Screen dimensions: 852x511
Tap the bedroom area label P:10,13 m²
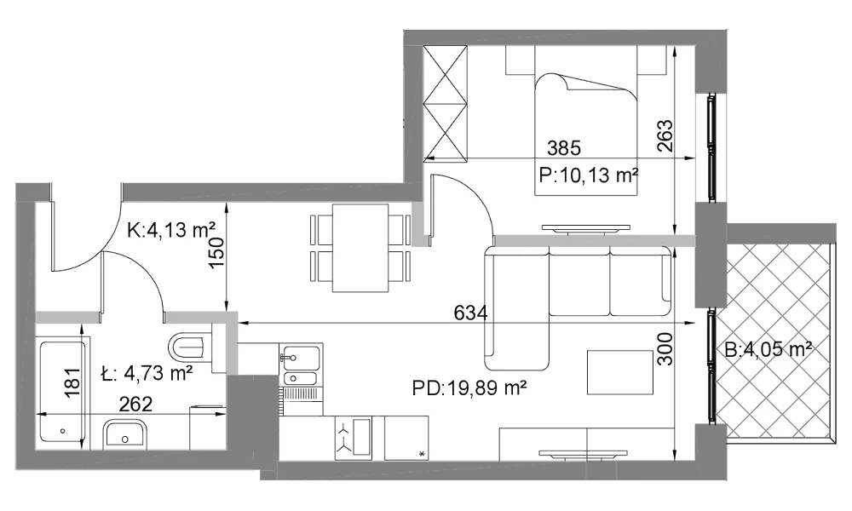588,175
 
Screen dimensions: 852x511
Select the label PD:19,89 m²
469,388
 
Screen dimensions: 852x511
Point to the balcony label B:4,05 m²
769,349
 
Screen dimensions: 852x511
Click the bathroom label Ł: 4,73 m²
147,373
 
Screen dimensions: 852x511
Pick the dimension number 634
470,313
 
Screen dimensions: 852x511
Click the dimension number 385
563,147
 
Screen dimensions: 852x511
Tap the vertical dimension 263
665,135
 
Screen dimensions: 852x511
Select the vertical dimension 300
665,349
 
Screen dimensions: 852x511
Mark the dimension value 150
216,253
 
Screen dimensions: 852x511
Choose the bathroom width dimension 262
135,404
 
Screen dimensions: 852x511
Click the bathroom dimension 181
72,382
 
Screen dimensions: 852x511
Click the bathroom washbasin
125,433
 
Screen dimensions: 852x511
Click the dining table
360,248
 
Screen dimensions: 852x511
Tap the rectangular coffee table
620,372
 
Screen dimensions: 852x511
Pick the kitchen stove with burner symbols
354,439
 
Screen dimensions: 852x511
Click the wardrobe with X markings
445,104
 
